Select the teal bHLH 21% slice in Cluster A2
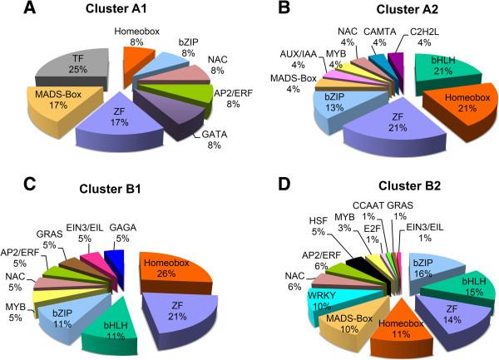point(445,86)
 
